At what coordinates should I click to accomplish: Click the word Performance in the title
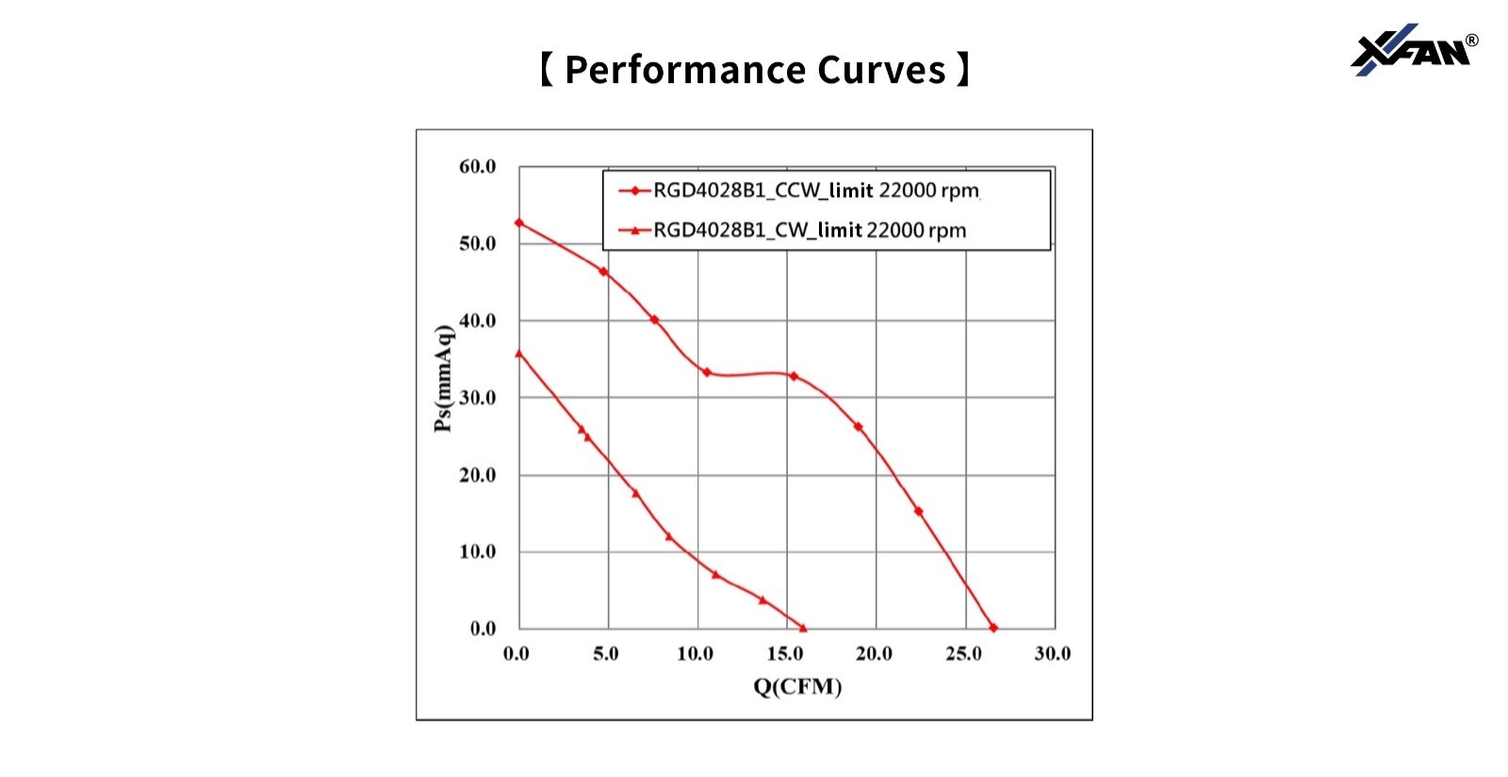click(x=684, y=71)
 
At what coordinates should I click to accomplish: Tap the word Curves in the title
click(x=881, y=71)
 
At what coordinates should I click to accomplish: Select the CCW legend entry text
click(x=816, y=190)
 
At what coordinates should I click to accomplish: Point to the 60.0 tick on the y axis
click(x=477, y=167)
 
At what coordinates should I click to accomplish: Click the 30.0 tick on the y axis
click(x=477, y=398)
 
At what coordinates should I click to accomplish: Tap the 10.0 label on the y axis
click(x=477, y=552)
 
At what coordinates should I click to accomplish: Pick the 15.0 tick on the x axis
click(x=784, y=653)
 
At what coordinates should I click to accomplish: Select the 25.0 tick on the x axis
click(x=963, y=653)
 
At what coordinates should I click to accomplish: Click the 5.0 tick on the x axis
click(x=606, y=653)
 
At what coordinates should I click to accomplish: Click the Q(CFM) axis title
click(x=797, y=686)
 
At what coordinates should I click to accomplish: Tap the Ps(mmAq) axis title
click(x=443, y=378)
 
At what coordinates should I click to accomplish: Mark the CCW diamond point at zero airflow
click(x=519, y=223)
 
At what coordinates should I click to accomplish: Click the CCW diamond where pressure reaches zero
click(x=993, y=628)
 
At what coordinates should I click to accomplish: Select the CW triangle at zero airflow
click(x=519, y=354)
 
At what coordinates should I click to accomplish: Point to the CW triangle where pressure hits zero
click(x=803, y=628)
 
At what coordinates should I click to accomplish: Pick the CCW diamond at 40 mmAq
click(x=654, y=320)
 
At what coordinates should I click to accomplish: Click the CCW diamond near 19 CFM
click(x=858, y=427)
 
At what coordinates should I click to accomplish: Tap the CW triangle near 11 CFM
click(x=715, y=574)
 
